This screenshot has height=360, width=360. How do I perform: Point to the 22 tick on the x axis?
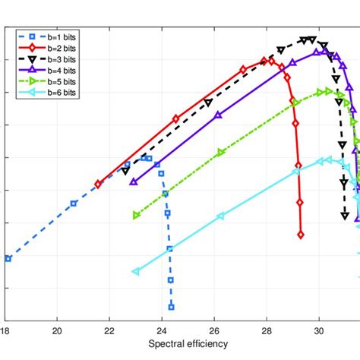[x=109, y=330]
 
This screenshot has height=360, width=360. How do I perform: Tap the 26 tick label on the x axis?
[x=214, y=330]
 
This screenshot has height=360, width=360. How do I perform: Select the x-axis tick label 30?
[x=319, y=330]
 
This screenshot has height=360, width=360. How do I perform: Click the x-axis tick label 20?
[x=57, y=330]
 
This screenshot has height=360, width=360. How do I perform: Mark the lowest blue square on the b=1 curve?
[x=171, y=307]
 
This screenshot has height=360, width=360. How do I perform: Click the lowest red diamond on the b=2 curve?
[x=301, y=235]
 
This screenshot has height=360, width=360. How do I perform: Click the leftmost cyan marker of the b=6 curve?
[x=136, y=271]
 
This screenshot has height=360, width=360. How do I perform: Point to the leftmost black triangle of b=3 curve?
[x=125, y=171]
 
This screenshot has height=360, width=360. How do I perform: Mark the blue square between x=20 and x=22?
[x=74, y=204]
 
